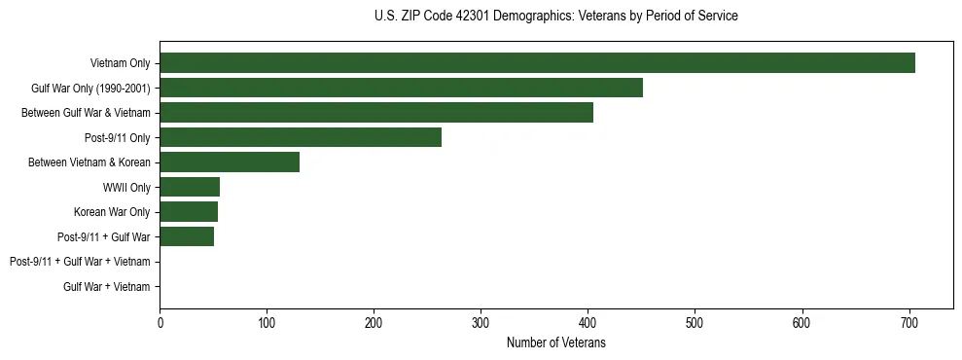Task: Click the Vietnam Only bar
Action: (537, 62)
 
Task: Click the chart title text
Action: (555, 17)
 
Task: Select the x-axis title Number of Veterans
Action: (555, 342)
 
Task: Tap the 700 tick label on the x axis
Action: (909, 322)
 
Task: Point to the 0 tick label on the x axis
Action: (160, 322)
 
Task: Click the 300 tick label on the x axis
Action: (481, 322)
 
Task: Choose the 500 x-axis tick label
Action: (695, 322)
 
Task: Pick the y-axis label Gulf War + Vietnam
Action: (106, 286)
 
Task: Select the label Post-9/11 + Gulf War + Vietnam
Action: (80, 262)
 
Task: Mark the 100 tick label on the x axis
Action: (267, 322)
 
